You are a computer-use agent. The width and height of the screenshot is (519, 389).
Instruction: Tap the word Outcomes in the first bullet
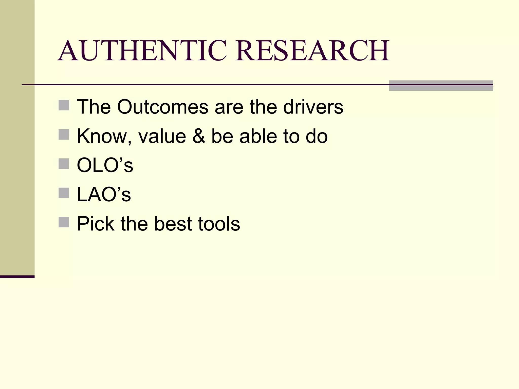pyautogui.click(x=163, y=107)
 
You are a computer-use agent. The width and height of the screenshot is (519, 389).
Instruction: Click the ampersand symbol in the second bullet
pyautogui.click(x=199, y=136)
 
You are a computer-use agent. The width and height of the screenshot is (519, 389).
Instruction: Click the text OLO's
pyautogui.click(x=105, y=165)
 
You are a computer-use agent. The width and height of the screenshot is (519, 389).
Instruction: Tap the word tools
pyautogui.click(x=219, y=224)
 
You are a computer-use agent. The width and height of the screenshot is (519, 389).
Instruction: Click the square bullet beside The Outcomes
pyautogui.click(x=64, y=105)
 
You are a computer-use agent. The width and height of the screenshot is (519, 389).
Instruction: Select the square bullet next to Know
pyautogui.click(x=64, y=134)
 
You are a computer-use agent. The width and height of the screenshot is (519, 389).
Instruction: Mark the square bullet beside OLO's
pyautogui.click(x=64, y=164)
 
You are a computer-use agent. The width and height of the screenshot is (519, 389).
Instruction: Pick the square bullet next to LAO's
pyautogui.click(x=64, y=193)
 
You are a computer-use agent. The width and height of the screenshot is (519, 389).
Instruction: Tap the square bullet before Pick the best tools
pyautogui.click(x=64, y=222)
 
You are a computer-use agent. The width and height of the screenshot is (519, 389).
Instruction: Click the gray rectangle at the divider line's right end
pyautogui.click(x=441, y=86)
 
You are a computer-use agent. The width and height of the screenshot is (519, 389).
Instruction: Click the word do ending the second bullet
pyautogui.click(x=317, y=136)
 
